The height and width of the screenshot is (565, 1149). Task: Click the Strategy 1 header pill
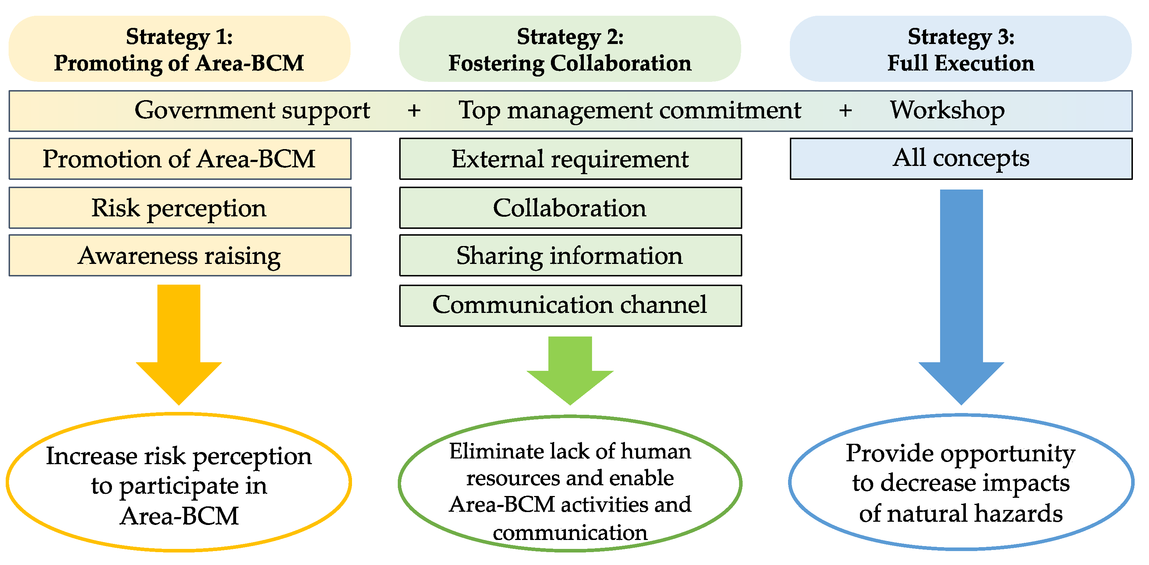click(x=179, y=49)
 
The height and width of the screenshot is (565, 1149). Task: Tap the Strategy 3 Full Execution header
click(x=960, y=49)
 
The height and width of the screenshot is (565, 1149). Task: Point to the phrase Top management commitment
click(x=630, y=110)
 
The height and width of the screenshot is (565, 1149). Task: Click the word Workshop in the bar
click(x=947, y=110)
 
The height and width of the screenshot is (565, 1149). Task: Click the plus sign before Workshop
click(x=845, y=110)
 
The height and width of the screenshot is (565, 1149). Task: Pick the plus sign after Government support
click(x=414, y=110)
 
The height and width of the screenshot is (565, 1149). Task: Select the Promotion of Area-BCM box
click(x=179, y=159)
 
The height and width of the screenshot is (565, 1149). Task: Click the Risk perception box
click(x=179, y=208)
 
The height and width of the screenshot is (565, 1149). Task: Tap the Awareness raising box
click(x=179, y=256)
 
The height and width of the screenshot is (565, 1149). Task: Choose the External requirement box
click(x=570, y=159)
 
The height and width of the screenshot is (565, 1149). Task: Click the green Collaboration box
click(x=570, y=208)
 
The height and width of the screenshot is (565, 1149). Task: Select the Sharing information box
click(x=570, y=256)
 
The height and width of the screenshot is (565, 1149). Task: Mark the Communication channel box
click(x=570, y=305)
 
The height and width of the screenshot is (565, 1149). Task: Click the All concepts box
click(x=961, y=158)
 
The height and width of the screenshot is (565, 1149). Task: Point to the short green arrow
click(x=570, y=370)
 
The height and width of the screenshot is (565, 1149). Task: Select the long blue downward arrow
click(x=961, y=294)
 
